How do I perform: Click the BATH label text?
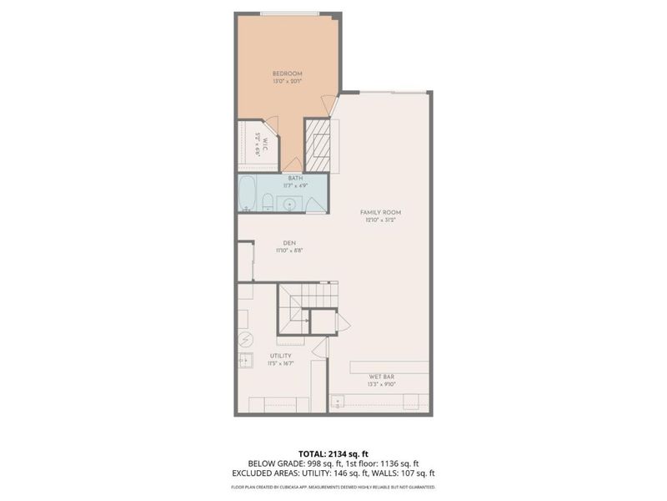(295, 178)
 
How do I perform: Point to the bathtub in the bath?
(247, 195)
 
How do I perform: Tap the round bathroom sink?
(289, 202)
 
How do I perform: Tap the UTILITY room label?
(279, 356)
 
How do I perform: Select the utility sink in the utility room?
(245, 361)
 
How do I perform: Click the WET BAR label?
(381, 377)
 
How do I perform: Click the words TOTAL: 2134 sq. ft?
(333, 453)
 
